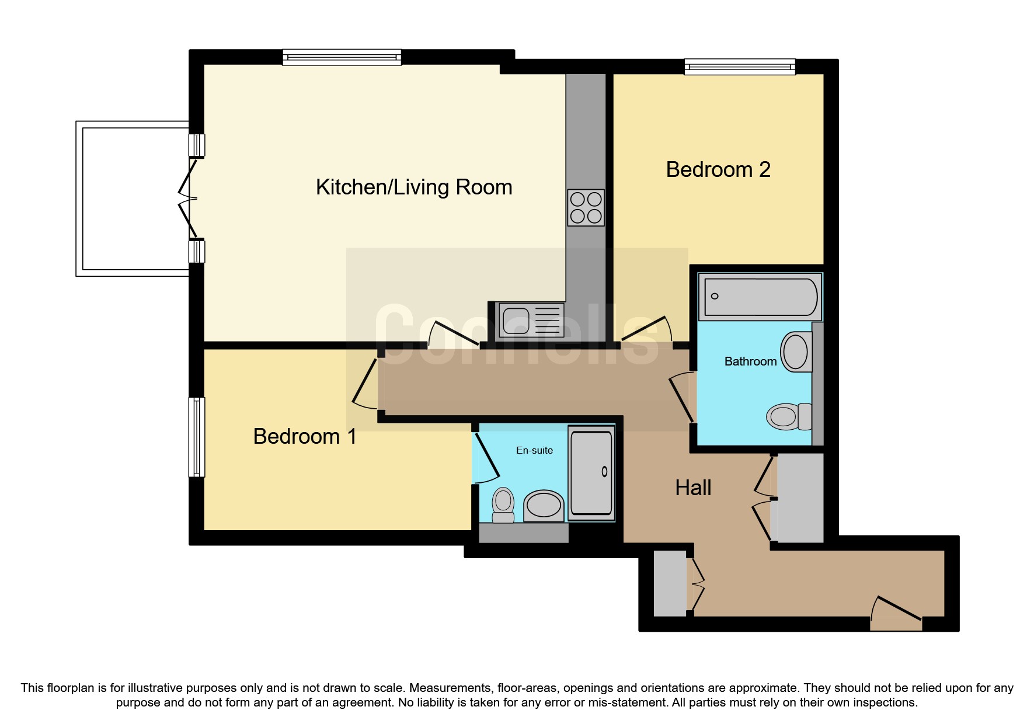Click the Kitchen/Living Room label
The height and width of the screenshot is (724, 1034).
click(x=413, y=187)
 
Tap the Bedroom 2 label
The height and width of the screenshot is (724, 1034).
click(x=718, y=169)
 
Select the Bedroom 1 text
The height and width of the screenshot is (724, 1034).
click(x=304, y=436)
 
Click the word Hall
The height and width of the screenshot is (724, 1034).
click(x=693, y=488)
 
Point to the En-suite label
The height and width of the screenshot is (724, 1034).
click(x=534, y=450)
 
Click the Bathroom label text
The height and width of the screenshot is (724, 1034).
click(x=750, y=361)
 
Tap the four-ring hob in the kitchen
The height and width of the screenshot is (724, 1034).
click(x=586, y=207)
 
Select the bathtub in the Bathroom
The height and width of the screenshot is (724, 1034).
click(x=760, y=297)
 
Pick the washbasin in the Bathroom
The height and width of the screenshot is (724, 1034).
click(x=796, y=352)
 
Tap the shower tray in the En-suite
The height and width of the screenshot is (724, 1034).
click(x=591, y=473)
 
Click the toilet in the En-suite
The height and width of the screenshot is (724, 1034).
click(x=503, y=505)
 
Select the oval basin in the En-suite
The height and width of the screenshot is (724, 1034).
click(x=544, y=505)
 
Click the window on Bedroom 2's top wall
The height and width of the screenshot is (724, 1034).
click(x=739, y=67)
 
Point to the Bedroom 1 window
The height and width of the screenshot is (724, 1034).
click(x=197, y=437)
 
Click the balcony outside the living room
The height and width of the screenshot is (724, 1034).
click(x=134, y=199)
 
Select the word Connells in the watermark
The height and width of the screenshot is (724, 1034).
click(x=517, y=336)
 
